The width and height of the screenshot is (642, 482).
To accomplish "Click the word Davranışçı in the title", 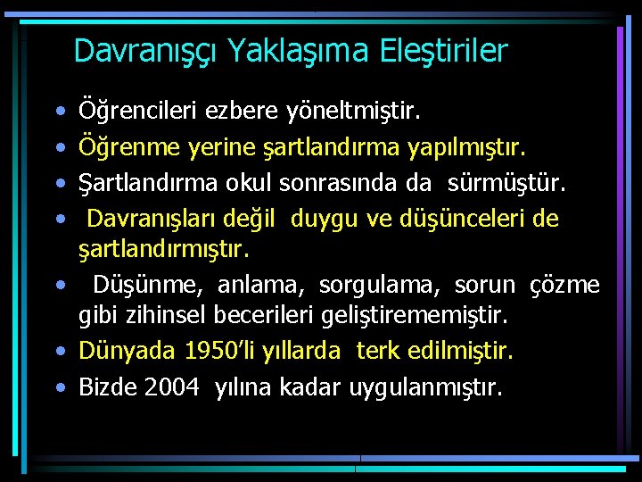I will point(146,51).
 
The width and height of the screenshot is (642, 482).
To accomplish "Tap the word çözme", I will point(564,286).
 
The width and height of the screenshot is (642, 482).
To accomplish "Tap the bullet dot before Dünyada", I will point(59,352).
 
